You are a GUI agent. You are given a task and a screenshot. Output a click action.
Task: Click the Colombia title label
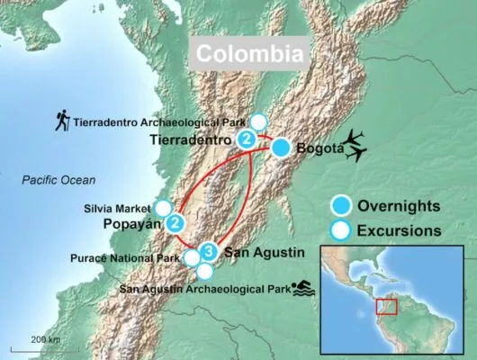[249, 54]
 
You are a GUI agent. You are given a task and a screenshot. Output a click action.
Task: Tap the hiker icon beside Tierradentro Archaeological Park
[62, 119]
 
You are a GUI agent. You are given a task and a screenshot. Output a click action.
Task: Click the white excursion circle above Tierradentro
[259, 121]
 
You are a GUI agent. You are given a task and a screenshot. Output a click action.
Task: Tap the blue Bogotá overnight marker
[282, 148]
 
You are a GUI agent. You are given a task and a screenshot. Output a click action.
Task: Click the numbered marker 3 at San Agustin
[208, 251]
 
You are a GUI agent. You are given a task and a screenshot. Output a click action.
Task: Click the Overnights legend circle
[340, 204]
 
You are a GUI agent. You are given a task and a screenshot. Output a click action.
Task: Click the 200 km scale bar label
[43, 338]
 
